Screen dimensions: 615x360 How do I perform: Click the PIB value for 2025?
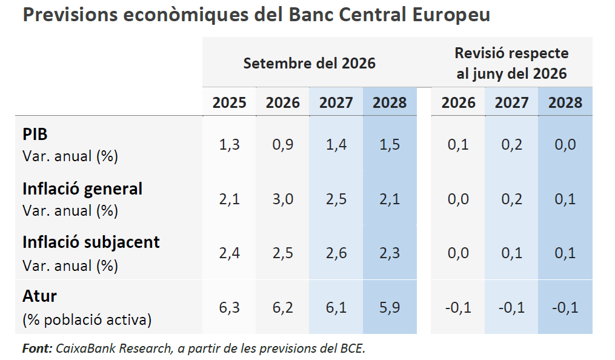[x=230, y=144]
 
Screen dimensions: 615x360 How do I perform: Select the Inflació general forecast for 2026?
[x=283, y=199]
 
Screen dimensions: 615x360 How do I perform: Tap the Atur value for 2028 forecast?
[x=390, y=307]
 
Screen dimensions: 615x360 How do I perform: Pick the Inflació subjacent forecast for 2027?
[x=336, y=253]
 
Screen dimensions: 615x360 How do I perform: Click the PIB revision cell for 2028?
[x=565, y=144]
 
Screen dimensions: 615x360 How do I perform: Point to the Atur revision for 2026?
[x=457, y=307]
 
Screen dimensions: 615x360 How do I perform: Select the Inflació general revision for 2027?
[x=511, y=199]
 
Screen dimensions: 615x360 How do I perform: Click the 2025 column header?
[x=230, y=102]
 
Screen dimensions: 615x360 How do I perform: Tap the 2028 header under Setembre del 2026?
[x=390, y=102]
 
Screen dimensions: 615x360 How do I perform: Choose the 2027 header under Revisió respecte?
[x=511, y=102]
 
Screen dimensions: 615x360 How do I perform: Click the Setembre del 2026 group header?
[x=310, y=63]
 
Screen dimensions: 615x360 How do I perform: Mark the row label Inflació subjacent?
[x=91, y=242]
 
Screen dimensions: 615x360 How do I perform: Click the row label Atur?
[x=39, y=296]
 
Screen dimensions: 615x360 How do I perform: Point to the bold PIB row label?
[x=35, y=134]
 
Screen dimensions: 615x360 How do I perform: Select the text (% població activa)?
[x=87, y=319]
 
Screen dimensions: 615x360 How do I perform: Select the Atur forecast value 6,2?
[x=283, y=307]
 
